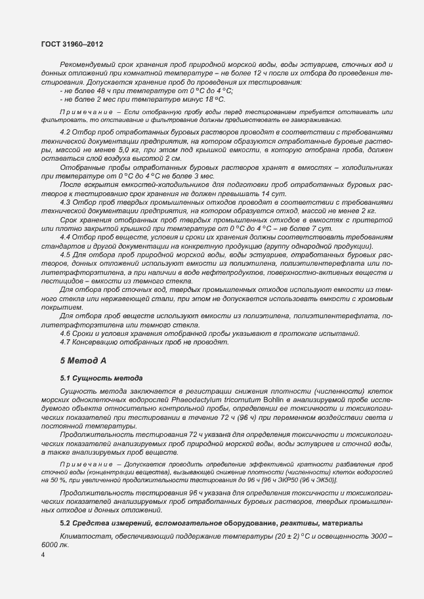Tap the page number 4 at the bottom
pos(43,555)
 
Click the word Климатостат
pos(82,538)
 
